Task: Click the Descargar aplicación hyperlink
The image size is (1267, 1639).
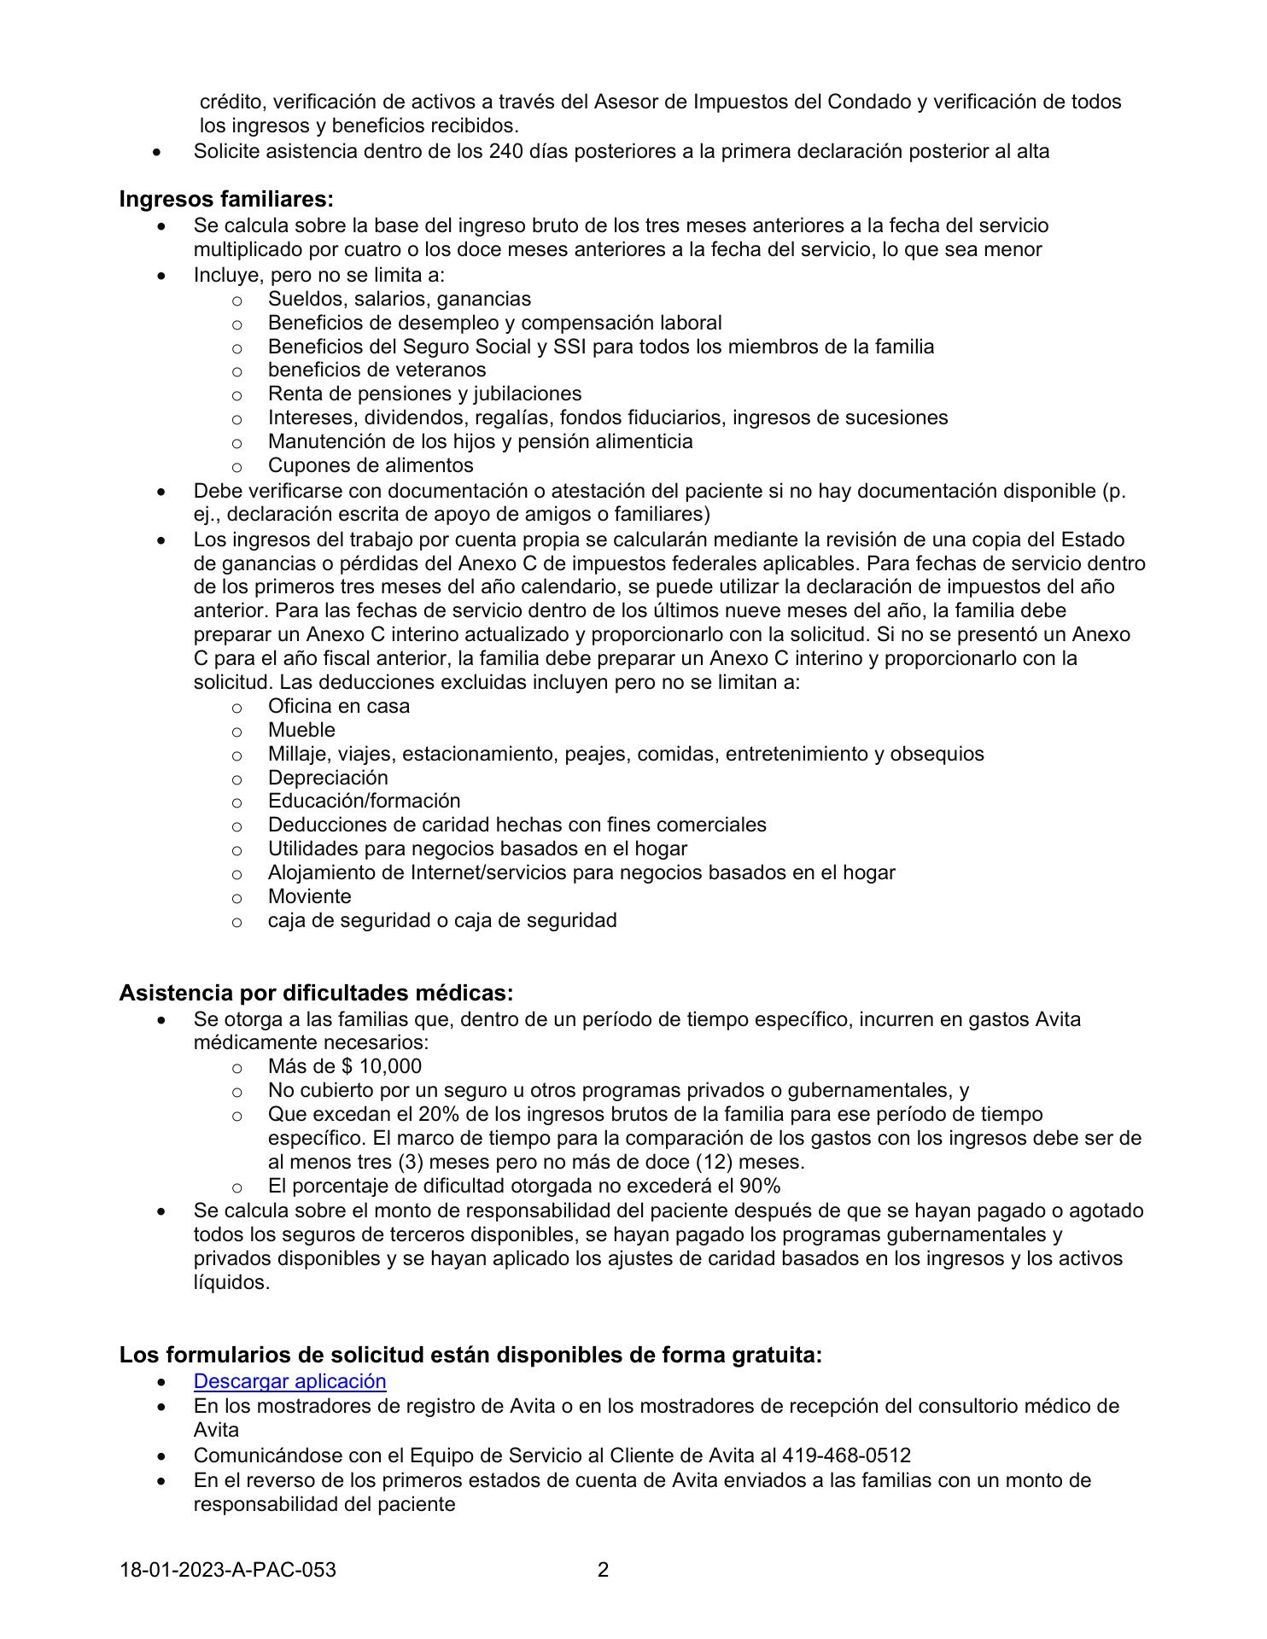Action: [289, 1381]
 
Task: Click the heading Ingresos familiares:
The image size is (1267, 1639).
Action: [226, 199]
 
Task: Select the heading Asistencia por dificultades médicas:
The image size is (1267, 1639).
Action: [316, 993]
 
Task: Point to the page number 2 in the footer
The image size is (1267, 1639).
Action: [603, 1569]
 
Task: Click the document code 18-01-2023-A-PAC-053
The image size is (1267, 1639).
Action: [228, 1569]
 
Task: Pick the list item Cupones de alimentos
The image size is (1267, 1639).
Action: [371, 465]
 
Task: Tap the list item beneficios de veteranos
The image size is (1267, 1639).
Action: [377, 370]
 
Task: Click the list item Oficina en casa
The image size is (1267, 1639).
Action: [338, 706]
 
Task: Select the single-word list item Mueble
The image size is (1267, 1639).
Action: [301, 730]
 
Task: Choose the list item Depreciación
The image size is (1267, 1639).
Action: [328, 778]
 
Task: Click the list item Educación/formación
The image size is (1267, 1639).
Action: [364, 801]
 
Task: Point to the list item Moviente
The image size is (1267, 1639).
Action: [309, 896]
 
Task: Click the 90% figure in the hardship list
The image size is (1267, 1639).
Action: [760, 1186]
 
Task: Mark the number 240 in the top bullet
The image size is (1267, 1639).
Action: [506, 151]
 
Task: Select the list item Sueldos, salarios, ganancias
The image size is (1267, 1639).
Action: [399, 299]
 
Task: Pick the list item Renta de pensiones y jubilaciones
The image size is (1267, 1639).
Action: [424, 394]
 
